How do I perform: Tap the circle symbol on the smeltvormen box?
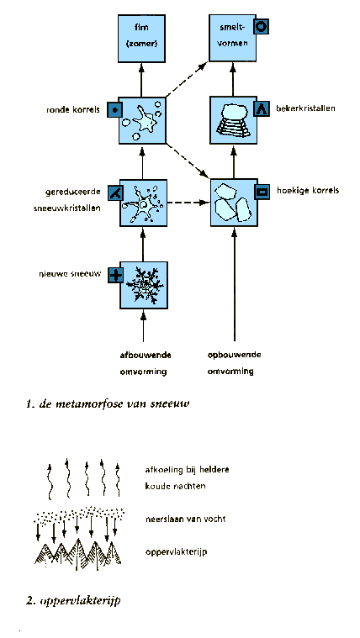(261, 27)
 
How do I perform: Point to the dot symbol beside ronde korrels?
(115, 110)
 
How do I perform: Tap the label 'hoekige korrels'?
(308, 190)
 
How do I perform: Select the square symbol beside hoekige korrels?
(262, 192)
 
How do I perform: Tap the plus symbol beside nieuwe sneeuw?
(116, 276)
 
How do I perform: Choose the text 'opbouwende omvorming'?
(234, 363)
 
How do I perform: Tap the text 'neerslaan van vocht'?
(185, 519)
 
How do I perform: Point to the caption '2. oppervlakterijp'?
(73, 601)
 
